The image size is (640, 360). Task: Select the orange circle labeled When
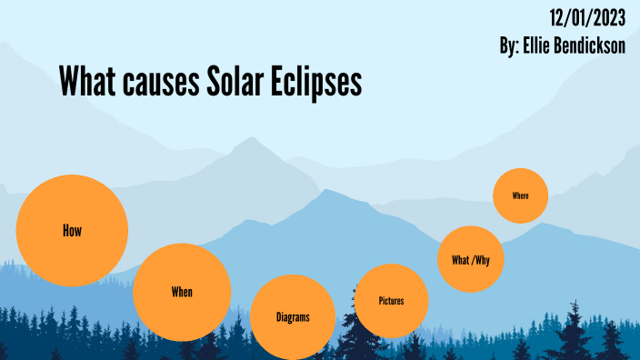coord(182,292)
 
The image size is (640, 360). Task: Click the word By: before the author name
coord(510,45)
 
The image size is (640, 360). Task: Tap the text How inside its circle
coord(72,231)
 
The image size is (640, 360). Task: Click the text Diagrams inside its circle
coord(293,317)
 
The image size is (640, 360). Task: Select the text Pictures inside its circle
coord(391,301)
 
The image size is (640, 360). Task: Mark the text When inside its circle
coord(182,293)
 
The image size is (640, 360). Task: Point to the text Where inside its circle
coord(520,195)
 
